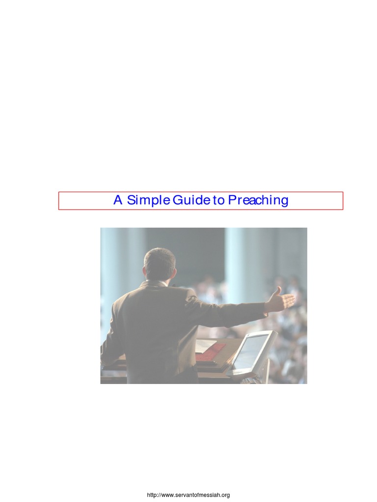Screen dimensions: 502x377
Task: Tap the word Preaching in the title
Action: tap(258, 201)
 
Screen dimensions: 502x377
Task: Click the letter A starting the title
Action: tap(118, 201)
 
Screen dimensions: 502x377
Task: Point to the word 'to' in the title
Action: tap(218, 201)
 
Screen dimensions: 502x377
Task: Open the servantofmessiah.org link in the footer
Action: tap(188, 495)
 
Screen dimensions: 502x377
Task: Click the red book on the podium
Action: tap(211, 351)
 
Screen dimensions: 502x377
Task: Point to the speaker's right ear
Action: tap(174, 273)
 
